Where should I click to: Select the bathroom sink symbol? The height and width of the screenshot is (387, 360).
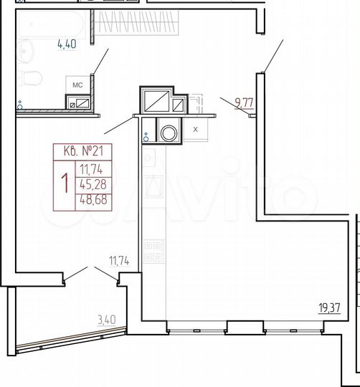(x=26, y=49)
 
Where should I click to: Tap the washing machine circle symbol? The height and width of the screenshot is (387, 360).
(x=171, y=133)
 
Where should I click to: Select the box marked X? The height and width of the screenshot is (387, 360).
(x=195, y=130)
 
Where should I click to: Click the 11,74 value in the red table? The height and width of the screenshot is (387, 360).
(x=91, y=169)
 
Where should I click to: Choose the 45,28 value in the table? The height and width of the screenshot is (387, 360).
(x=91, y=185)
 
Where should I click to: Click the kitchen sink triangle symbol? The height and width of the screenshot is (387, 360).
(x=153, y=188)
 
